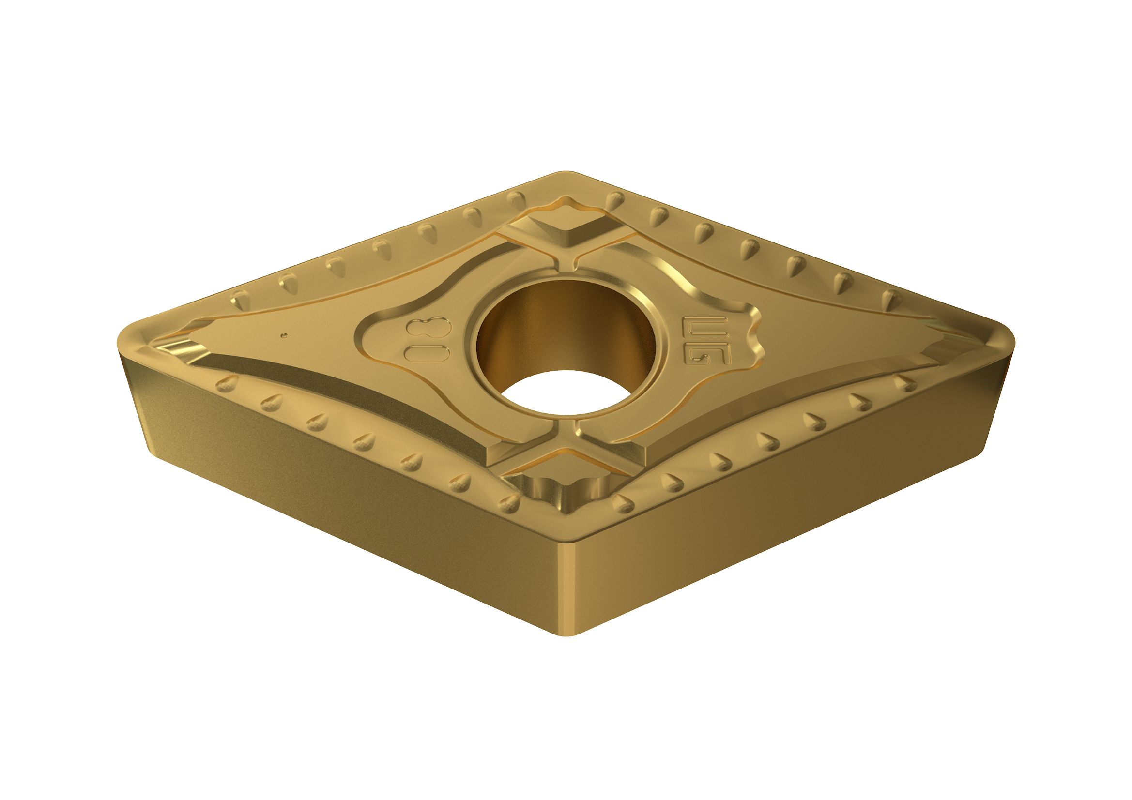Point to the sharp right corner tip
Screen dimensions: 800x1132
point(1011,345)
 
